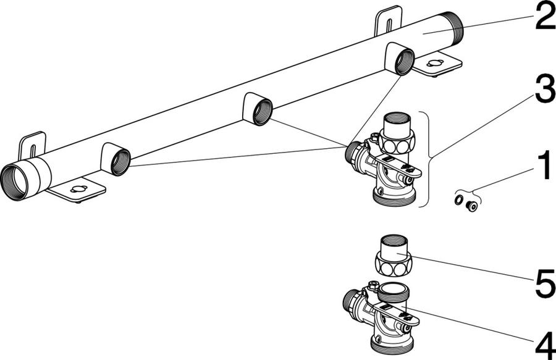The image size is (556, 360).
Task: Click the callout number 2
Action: click(x=545, y=15)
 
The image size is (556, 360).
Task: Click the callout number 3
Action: click(x=545, y=88)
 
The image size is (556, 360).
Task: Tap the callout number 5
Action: click(x=545, y=283)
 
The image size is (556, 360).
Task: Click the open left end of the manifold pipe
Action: click(x=14, y=183)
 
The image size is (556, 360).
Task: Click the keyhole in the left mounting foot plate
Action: click(x=78, y=188)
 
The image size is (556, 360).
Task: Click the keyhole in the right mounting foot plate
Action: click(x=434, y=63)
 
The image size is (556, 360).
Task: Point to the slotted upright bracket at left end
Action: click(x=32, y=145)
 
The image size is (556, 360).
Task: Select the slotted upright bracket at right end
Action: click(x=389, y=20)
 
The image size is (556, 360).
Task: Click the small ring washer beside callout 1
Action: click(x=458, y=200)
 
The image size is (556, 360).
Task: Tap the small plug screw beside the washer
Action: click(x=471, y=206)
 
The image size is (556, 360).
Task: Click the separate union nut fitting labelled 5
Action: click(x=394, y=256)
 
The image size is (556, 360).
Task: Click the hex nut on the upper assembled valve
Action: click(x=395, y=142)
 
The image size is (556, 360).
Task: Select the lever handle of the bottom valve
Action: click(x=397, y=314)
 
